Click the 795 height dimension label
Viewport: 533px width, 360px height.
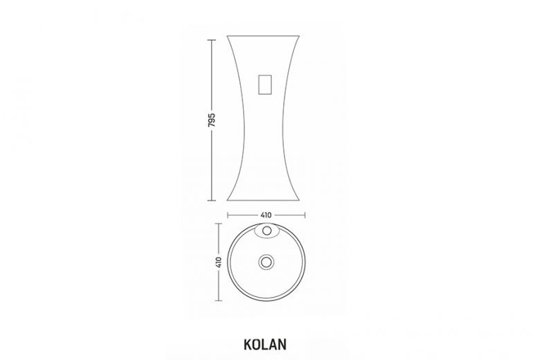(213, 119)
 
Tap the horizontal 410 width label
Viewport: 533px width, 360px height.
(266, 215)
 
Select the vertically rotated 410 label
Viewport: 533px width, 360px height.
(219, 262)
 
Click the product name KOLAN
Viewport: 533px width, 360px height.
(266, 343)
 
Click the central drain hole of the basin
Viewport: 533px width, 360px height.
(266, 262)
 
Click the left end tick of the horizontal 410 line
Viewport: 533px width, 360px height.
(227, 215)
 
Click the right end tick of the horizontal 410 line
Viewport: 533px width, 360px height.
(305, 215)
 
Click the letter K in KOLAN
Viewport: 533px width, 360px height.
(248, 343)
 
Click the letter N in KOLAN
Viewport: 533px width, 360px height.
(283, 343)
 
